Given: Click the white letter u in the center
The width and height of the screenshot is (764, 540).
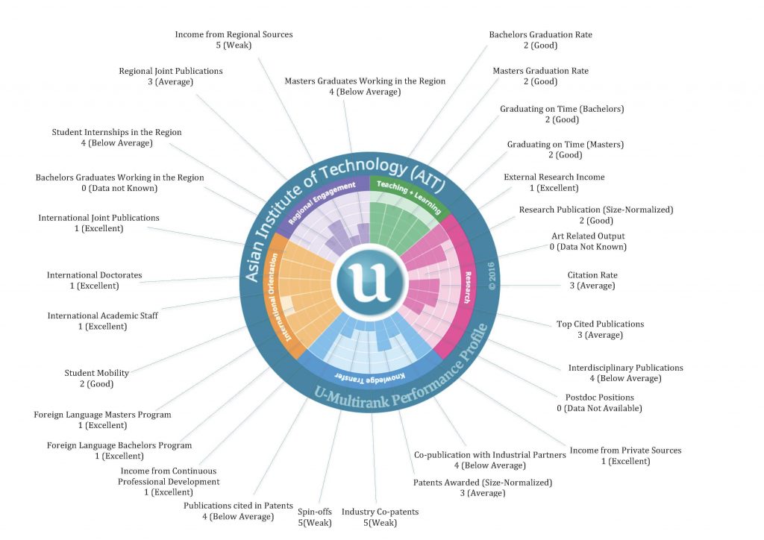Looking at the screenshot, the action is (x=370, y=282).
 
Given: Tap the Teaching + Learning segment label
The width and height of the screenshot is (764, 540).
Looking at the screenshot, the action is (x=408, y=197).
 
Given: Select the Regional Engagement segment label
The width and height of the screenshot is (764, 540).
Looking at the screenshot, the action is (x=321, y=202).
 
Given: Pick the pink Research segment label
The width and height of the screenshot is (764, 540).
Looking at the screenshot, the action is (x=467, y=287).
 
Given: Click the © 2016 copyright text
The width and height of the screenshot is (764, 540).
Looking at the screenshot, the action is (x=492, y=276).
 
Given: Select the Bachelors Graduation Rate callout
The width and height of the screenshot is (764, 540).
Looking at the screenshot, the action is (x=540, y=40).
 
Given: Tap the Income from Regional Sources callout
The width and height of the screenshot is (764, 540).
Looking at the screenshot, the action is (x=234, y=40).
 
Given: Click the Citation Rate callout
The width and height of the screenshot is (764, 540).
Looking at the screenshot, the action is (x=592, y=280).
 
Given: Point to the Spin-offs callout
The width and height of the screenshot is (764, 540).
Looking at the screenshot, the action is (x=315, y=517).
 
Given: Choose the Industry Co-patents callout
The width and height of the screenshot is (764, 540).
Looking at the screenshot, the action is (x=380, y=517).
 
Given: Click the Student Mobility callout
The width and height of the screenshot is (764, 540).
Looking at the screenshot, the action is (x=96, y=378).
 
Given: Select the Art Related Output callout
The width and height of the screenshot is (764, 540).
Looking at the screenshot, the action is (x=588, y=242).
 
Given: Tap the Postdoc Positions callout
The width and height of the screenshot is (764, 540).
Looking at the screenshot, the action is (x=599, y=403).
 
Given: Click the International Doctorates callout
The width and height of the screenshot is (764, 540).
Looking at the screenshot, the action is (x=95, y=280).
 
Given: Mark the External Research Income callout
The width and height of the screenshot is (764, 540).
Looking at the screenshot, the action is (x=554, y=183).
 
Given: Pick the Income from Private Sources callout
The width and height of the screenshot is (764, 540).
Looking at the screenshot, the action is (x=626, y=456).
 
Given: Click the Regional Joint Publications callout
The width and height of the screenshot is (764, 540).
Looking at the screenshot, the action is (x=171, y=76).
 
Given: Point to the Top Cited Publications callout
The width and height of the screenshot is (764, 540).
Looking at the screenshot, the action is (x=601, y=330).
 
